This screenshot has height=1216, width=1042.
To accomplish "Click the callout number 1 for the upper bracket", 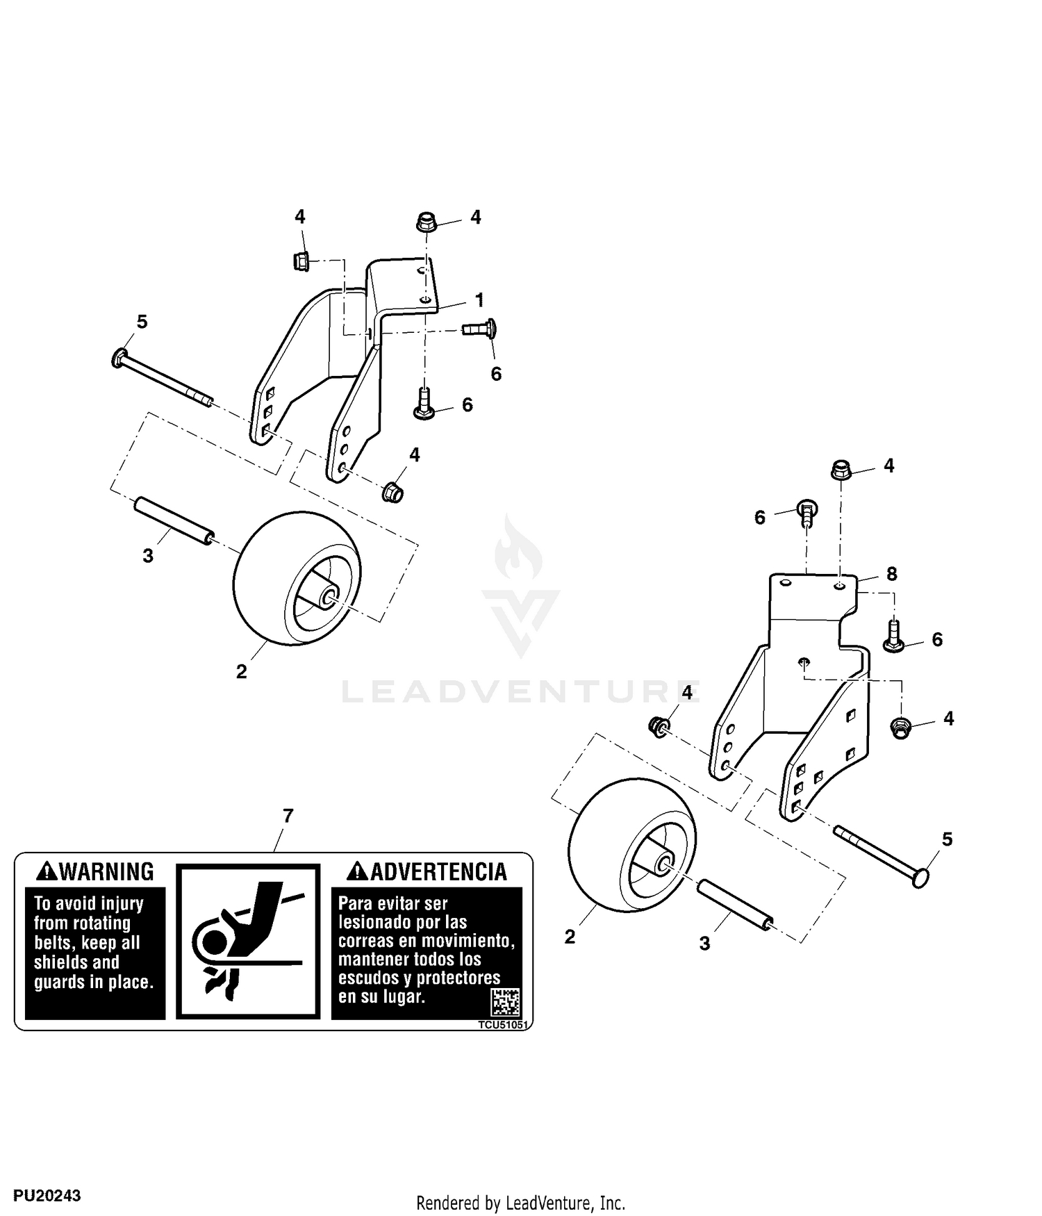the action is tap(479, 300).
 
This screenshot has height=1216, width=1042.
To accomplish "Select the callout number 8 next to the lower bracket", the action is tap(892, 574).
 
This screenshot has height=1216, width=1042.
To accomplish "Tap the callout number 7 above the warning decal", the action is tap(288, 816).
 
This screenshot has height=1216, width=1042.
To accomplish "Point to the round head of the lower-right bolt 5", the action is tap(920, 878).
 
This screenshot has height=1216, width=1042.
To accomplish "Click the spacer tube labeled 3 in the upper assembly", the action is tap(174, 521).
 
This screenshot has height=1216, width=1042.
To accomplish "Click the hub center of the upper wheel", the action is tap(329, 595).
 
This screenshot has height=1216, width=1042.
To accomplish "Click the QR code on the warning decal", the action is tap(505, 1003).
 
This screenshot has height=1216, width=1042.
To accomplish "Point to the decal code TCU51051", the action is tap(503, 1025).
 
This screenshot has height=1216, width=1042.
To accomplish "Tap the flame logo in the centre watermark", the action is tap(519, 552).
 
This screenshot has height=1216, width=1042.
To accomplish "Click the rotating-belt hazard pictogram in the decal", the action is tap(248, 942).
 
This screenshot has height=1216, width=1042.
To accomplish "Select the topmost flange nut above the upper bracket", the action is tap(427, 224).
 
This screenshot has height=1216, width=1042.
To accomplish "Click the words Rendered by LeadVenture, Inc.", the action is tap(521, 1202).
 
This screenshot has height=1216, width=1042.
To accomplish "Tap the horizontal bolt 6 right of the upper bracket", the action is tap(479, 327).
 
